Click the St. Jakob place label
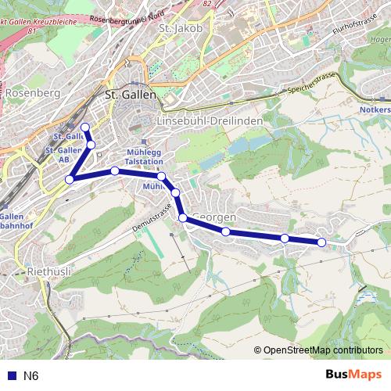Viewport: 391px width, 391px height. coord(180,29)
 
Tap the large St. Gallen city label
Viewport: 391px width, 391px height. coord(130,94)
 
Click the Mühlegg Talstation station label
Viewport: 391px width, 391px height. coord(144,156)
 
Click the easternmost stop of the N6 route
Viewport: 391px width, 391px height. coord(321,242)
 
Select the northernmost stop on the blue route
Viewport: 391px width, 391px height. coord(84,127)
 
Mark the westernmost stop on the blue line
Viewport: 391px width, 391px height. coord(70,179)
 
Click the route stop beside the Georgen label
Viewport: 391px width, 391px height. coord(183,217)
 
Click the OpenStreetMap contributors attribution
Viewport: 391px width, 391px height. coord(322,351)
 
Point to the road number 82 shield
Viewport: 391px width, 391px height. coord(206,3)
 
